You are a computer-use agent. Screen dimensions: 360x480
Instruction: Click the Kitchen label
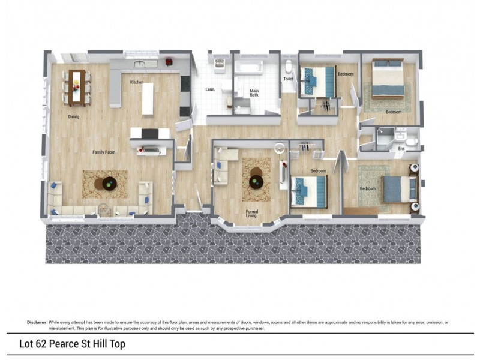(137, 82)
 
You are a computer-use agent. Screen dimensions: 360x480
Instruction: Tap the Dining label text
(74, 117)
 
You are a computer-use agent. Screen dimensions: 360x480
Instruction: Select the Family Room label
(104, 152)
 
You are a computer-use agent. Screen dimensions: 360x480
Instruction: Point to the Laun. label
(210, 89)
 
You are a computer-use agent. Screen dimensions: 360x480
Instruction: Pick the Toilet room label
(289, 79)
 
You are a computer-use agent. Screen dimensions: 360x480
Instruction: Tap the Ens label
(402, 148)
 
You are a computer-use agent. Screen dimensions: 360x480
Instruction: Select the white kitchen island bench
(148, 98)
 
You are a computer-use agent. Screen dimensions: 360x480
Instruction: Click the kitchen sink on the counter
(140, 63)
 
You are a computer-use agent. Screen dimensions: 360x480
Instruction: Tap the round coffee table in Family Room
(109, 184)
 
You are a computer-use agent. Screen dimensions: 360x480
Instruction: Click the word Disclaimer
(37, 322)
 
